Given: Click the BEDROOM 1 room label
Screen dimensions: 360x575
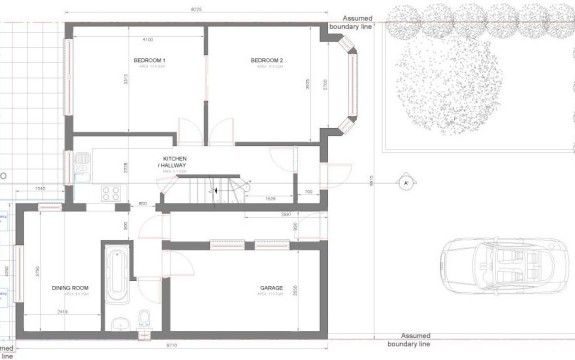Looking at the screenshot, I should coord(149,62).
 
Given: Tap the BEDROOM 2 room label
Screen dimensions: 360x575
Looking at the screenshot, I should coord(267,62).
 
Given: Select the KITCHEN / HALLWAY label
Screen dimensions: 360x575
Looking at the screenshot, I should coord(176,164).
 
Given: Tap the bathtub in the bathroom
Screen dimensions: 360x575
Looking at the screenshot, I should coord(115,274).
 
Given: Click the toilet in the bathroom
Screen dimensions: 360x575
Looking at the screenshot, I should coord(145,319).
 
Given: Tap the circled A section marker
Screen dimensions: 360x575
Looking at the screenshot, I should coord(406,183).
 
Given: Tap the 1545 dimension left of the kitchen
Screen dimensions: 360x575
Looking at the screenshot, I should coord(39,187).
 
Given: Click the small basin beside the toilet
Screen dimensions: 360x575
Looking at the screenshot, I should coord(119,323).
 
